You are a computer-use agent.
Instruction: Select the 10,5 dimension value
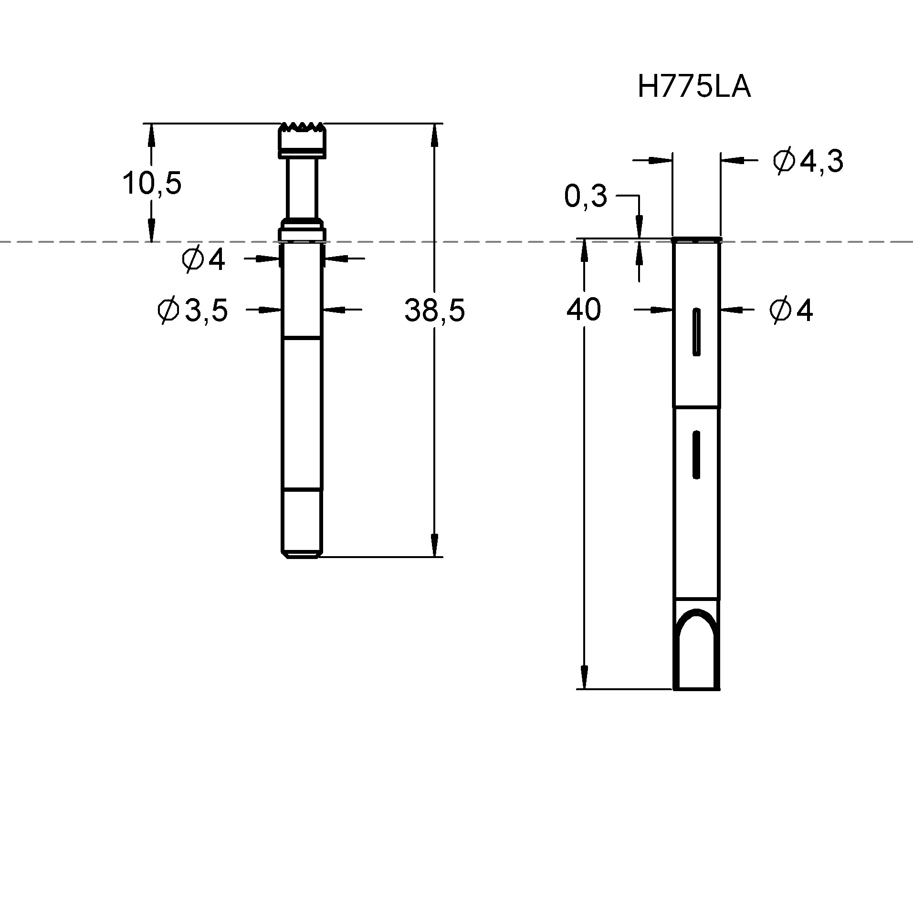coord(152,183)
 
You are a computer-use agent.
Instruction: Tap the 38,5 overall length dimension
coord(434,310)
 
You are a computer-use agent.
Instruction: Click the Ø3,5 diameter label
coord(193,311)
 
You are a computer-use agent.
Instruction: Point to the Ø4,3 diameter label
coord(808,162)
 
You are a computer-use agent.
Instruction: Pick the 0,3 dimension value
coord(585,196)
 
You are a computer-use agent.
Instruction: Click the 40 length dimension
coord(583,310)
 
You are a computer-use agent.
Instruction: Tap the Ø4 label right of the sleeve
coord(791,311)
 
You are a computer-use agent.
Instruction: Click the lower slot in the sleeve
coord(696,454)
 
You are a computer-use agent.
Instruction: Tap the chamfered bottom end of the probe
coord(302,554)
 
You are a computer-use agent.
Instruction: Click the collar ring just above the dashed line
coord(302,234)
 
